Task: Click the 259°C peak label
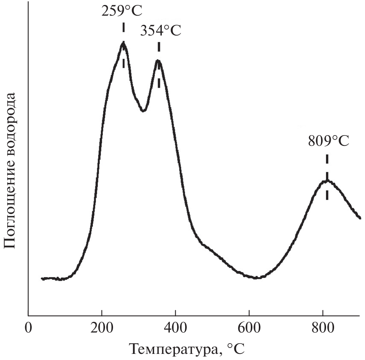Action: (121, 11)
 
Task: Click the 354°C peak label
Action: (160, 31)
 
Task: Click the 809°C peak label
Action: (328, 141)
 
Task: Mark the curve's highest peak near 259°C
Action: (123, 43)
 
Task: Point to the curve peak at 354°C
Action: (158, 60)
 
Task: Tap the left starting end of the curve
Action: (42, 279)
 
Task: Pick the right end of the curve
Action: (360, 218)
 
